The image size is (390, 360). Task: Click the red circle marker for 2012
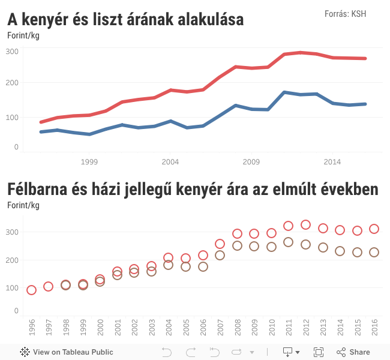[x=305, y=225]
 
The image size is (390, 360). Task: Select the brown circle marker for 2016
[x=374, y=253]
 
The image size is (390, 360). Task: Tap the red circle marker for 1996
[x=32, y=290]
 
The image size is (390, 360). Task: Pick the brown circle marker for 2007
[x=220, y=255]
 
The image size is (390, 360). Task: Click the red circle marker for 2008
[x=237, y=234]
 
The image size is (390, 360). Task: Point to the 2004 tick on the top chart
[x=170, y=162]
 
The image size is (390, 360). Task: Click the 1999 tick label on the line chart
[x=89, y=162]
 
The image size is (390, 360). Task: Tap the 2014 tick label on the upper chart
[x=332, y=162]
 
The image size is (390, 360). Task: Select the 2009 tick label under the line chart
[x=251, y=162]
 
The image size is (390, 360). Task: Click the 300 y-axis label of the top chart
[x=13, y=52]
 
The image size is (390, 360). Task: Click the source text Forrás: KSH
[x=345, y=14]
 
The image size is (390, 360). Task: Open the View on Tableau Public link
[x=67, y=352]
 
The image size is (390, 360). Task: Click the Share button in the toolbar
[x=353, y=352]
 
